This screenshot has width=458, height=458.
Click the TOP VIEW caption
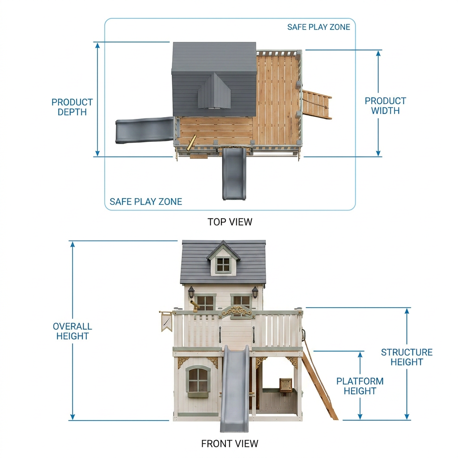click(230, 222)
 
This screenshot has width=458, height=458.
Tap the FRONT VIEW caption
click(229, 444)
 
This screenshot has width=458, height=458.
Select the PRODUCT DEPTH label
click(72, 107)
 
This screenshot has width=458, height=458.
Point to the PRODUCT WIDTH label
click(385, 106)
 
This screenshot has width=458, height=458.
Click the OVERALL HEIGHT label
click(72, 331)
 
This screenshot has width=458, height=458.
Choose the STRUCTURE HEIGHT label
click(407, 357)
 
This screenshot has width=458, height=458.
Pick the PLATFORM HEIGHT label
click(360, 386)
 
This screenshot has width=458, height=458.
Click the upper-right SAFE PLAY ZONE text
click(318, 27)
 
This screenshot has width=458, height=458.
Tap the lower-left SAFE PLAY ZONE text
click(146, 202)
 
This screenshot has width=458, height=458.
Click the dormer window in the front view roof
click(223, 264)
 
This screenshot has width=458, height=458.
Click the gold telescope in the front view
click(194, 305)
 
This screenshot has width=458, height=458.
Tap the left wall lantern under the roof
click(191, 293)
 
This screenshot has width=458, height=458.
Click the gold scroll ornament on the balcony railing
click(237, 311)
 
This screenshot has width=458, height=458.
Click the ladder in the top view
click(317, 104)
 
